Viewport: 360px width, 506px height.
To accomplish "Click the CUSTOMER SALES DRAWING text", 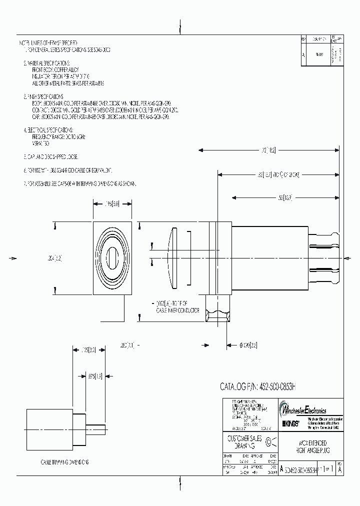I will (242, 441).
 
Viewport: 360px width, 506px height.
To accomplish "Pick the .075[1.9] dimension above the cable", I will (95, 376).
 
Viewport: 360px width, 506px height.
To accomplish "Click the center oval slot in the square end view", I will (112, 258).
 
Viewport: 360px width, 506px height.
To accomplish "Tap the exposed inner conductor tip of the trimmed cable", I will (99, 428).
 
